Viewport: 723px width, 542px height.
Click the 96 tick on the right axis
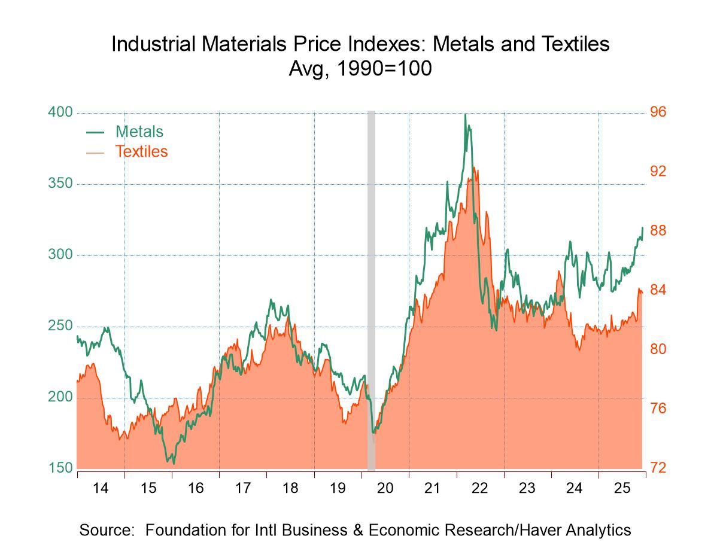658,112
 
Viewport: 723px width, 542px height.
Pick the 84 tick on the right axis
658,290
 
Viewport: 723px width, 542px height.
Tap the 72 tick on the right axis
658,468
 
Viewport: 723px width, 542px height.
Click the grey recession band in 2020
371,287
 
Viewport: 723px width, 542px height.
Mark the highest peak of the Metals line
465,115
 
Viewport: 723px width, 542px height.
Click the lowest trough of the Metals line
174,462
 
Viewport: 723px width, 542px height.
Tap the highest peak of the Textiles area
473,168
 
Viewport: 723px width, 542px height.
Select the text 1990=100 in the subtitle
384,69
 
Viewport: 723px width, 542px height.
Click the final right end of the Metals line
642,227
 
